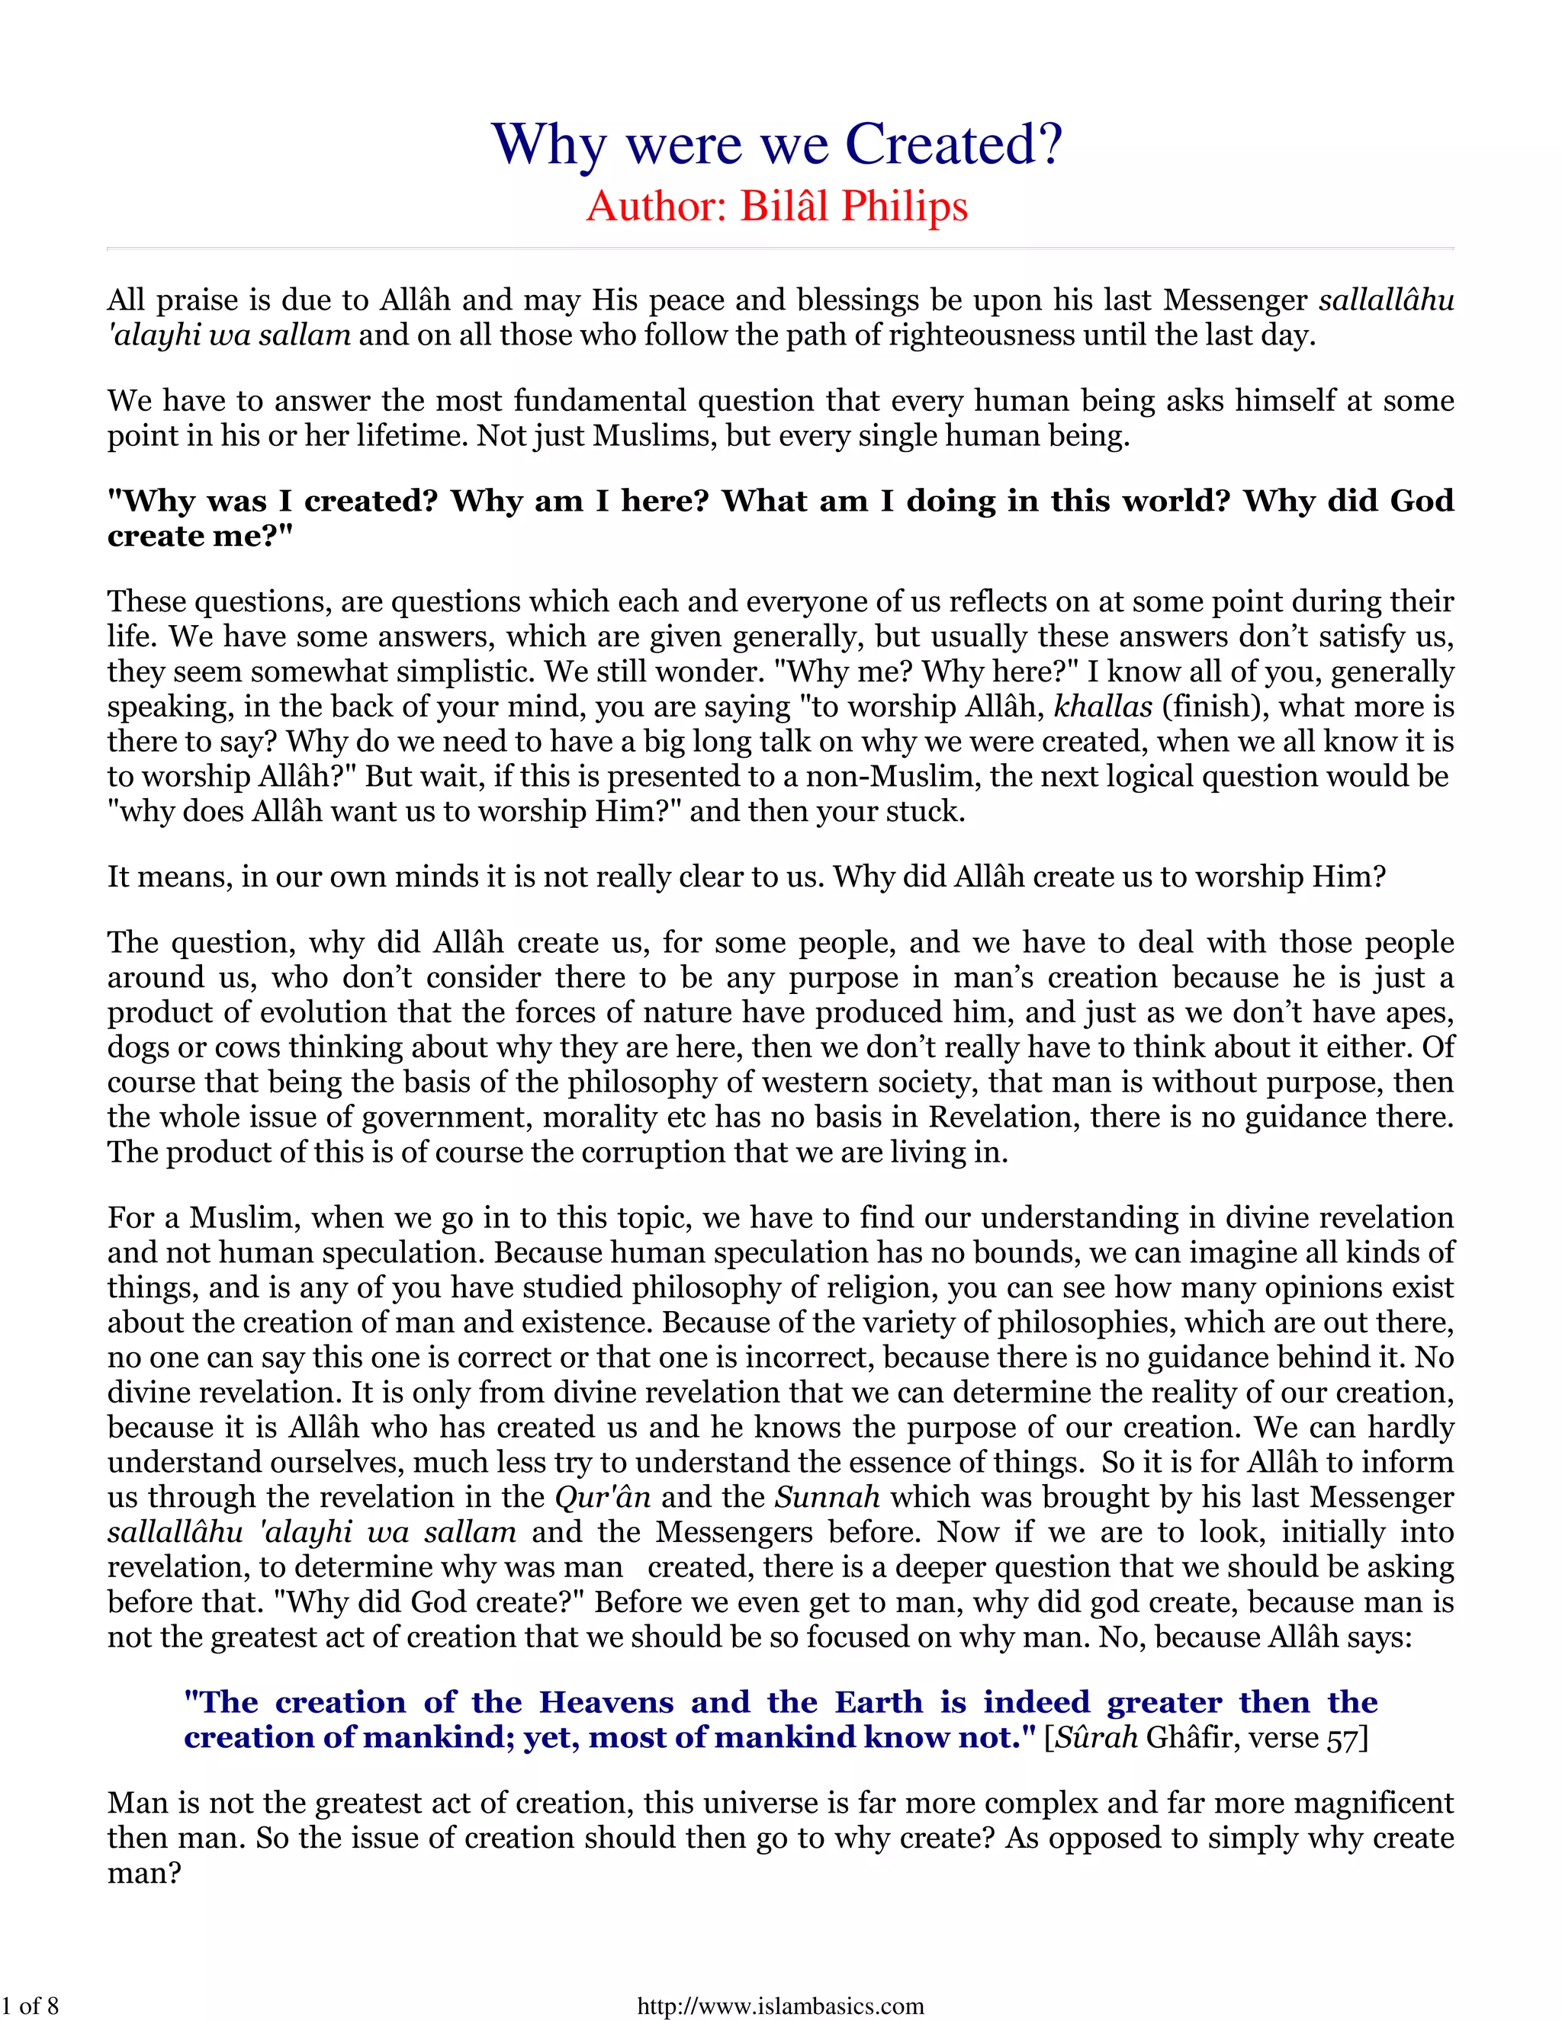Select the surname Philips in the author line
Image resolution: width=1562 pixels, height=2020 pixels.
pos(904,207)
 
